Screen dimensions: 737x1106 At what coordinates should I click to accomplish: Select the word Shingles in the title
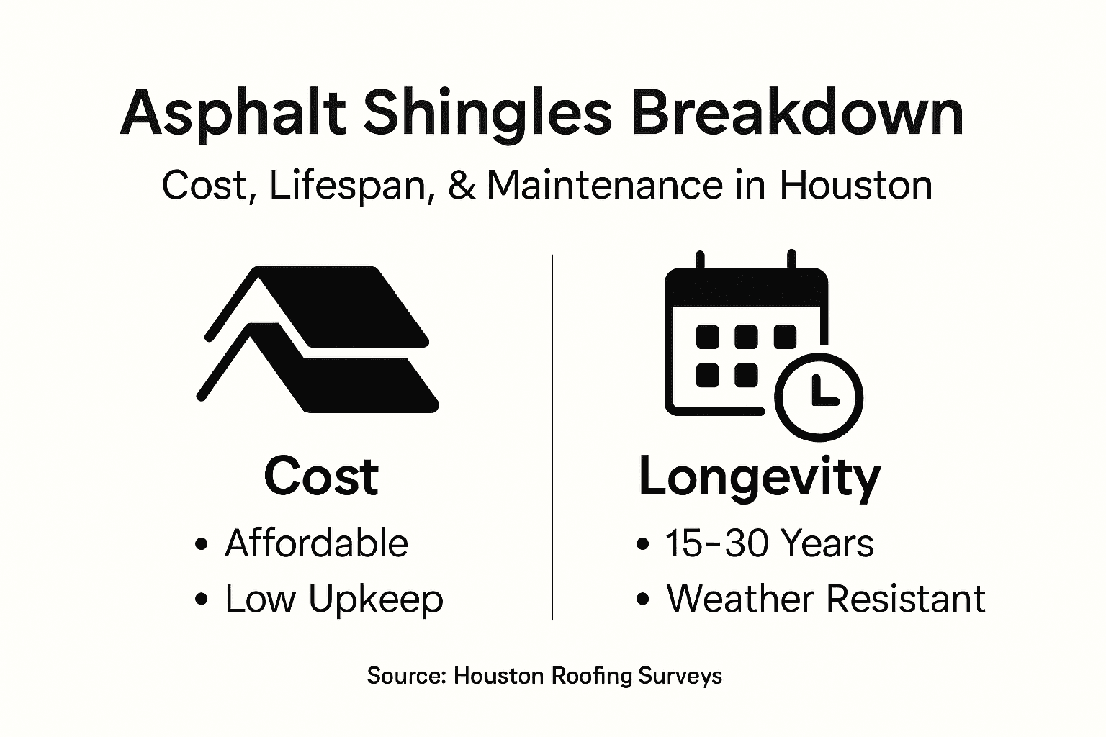pyautogui.click(x=487, y=114)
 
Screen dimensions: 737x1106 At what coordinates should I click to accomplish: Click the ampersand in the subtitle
pyautogui.click(x=461, y=185)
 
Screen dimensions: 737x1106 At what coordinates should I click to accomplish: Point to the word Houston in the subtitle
pyautogui.click(x=855, y=185)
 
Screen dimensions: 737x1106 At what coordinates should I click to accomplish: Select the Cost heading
pyautogui.click(x=321, y=476)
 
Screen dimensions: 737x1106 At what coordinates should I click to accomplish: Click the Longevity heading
pyautogui.click(x=759, y=477)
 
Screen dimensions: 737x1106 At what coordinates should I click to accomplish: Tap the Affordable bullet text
pyautogui.click(x=316, y=543)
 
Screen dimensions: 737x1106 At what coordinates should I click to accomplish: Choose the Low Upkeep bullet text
pyautogui.click(x=333, y=599)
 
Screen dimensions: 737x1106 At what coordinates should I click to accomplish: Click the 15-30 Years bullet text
pyautogui.click(x=769, y=543)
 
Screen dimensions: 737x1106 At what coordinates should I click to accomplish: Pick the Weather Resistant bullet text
pyautogui.click(x=825, y=599)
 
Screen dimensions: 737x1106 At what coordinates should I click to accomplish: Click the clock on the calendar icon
pyautogui.click(x=819, y=396)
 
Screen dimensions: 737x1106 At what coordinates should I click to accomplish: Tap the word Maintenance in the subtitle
pyautogui.click(x=604, y=185)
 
